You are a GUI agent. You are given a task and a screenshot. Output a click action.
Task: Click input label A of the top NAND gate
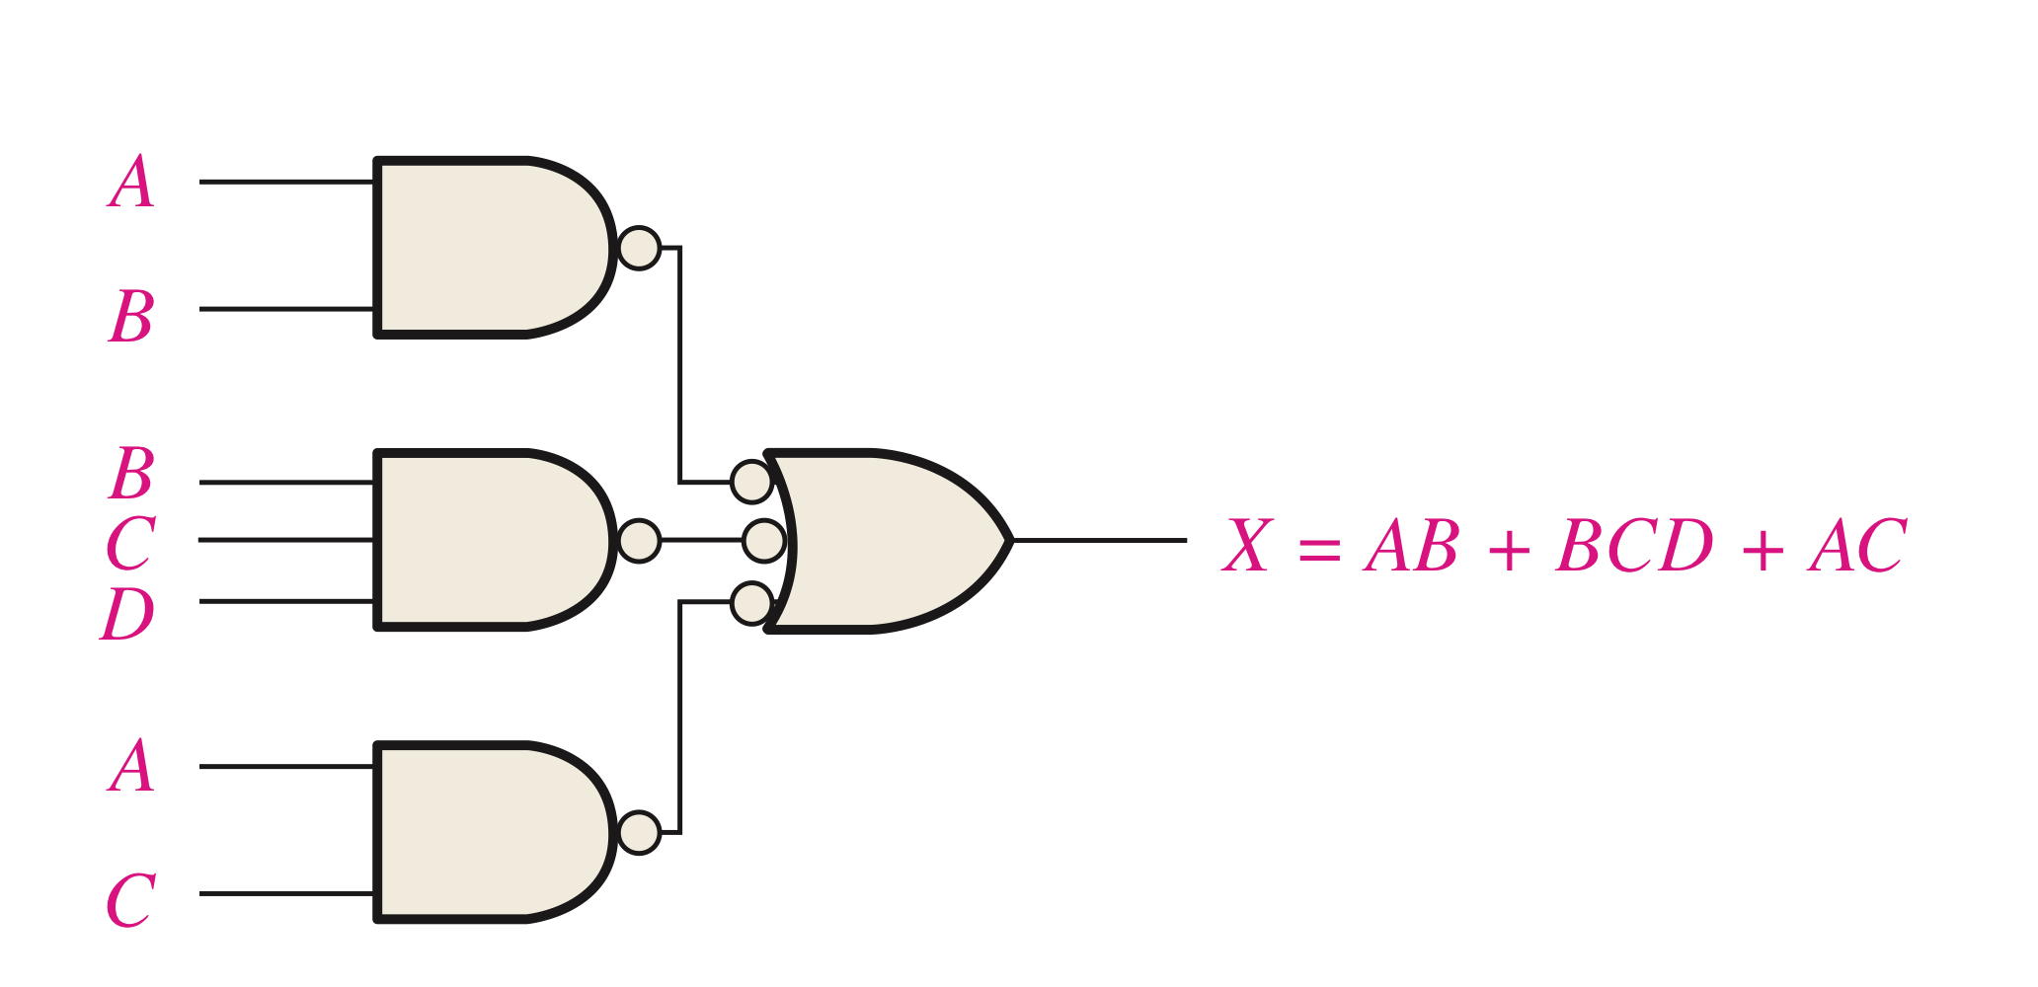tap(131, 183)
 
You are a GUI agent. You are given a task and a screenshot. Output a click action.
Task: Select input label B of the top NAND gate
tap(131, 316)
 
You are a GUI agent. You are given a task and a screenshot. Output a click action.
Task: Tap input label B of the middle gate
tap(131, 474)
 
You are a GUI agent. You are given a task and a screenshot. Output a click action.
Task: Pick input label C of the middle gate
tap(130, 543)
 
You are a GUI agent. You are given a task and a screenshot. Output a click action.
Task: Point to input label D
tap(128, 614)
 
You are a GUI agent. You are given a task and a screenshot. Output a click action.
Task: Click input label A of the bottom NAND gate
tap(131, 767)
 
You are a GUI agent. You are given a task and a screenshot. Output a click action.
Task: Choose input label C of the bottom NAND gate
tap(130, 900)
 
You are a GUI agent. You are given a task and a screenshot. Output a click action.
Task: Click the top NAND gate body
tap(484, 247)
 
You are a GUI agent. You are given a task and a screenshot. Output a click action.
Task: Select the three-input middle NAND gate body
tap(484, 540)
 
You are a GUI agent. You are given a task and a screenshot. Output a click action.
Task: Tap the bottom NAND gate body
tap(484, 832)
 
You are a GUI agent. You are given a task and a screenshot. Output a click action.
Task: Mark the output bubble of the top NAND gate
tap(639, 248)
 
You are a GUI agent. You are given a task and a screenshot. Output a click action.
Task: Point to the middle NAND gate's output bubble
tap(639, 541)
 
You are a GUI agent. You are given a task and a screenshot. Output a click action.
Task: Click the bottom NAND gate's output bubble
tap(639, 833)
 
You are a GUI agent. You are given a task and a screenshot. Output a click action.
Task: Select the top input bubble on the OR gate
tap(751, 482)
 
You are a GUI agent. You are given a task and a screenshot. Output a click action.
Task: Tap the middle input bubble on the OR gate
tap(763, 541)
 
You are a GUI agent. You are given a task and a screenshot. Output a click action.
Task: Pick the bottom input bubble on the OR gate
tap(751, 603)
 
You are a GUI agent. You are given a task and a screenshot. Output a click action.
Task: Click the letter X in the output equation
tap(1247, 545)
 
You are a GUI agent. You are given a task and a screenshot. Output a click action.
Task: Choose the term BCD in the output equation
tap(1634, 545)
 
